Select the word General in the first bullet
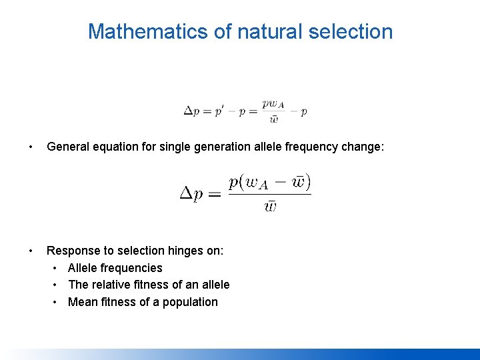[x=69, y=147]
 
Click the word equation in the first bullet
[x=116, y=147]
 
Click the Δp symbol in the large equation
[x=195, y=195]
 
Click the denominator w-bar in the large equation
[x=270, y=206]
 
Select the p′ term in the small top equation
[x=219, y=111]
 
